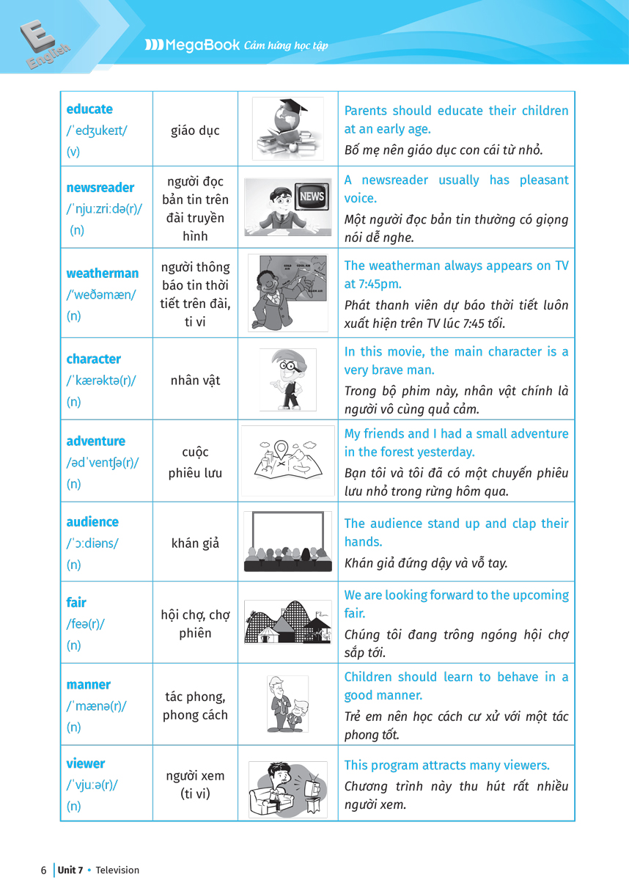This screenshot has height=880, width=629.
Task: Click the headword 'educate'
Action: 89,109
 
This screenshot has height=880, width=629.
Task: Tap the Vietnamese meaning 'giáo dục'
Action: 195,131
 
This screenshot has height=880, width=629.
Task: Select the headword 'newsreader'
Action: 100,188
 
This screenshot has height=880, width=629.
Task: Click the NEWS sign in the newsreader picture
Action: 312,196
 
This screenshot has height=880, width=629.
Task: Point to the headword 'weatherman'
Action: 102,274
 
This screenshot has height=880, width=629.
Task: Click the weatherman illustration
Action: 287,293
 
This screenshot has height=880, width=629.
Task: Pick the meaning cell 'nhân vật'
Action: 195,381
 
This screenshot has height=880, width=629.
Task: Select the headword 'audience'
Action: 92,522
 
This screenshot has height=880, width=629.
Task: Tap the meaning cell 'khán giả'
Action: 195,543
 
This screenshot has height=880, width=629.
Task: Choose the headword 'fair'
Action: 76,603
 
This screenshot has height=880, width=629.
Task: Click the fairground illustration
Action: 287,623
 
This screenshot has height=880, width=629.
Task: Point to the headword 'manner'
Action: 89,685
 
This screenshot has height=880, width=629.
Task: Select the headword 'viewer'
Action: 86,763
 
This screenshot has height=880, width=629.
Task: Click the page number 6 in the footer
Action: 43,870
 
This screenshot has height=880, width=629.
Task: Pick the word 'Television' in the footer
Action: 118,870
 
